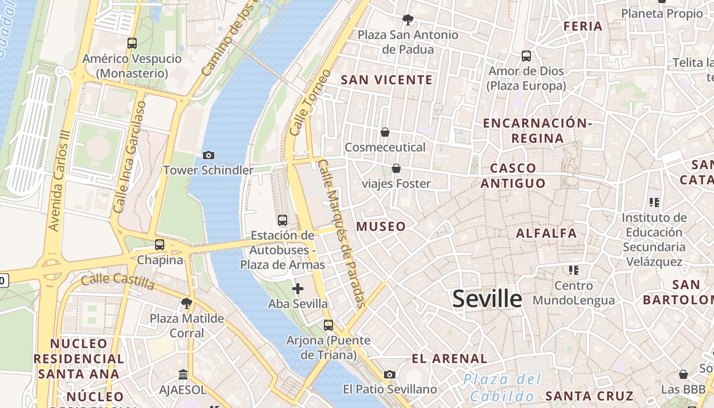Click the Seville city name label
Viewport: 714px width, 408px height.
click(x=487, y=299)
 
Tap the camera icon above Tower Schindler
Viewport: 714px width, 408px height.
click(x=208, y=155)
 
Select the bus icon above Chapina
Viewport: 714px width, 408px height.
click(x=160, y=245)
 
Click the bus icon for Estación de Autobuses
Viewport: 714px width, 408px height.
click(x=282, y=220)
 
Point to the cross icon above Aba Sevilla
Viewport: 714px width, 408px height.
click(x=298, y=289)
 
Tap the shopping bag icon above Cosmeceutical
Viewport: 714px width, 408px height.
click(x=385, y=132)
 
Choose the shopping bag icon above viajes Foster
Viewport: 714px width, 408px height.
click(x=396, y=168)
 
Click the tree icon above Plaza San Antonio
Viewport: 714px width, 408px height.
click(x=407, y=20)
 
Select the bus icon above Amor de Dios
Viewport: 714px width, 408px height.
click(x=526, y=56)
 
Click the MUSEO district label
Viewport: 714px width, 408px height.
click(x=381, y=226)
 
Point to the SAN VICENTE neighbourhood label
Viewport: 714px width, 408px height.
click(x=387, y=80)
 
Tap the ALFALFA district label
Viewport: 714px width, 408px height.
click(x=546, y=234)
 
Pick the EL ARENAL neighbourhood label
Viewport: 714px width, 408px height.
click(x=449, y=359)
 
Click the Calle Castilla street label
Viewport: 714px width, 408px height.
click(x=117, y=281)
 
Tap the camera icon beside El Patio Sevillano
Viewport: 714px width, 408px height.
click(x=390, y=375)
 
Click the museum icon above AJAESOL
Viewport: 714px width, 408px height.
click(x=183, y=375)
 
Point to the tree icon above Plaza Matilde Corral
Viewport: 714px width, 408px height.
click(x=187, y=303)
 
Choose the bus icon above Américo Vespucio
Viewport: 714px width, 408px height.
click(x=132, y=43)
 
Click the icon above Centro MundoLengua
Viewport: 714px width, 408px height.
click(x=574, y=270)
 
